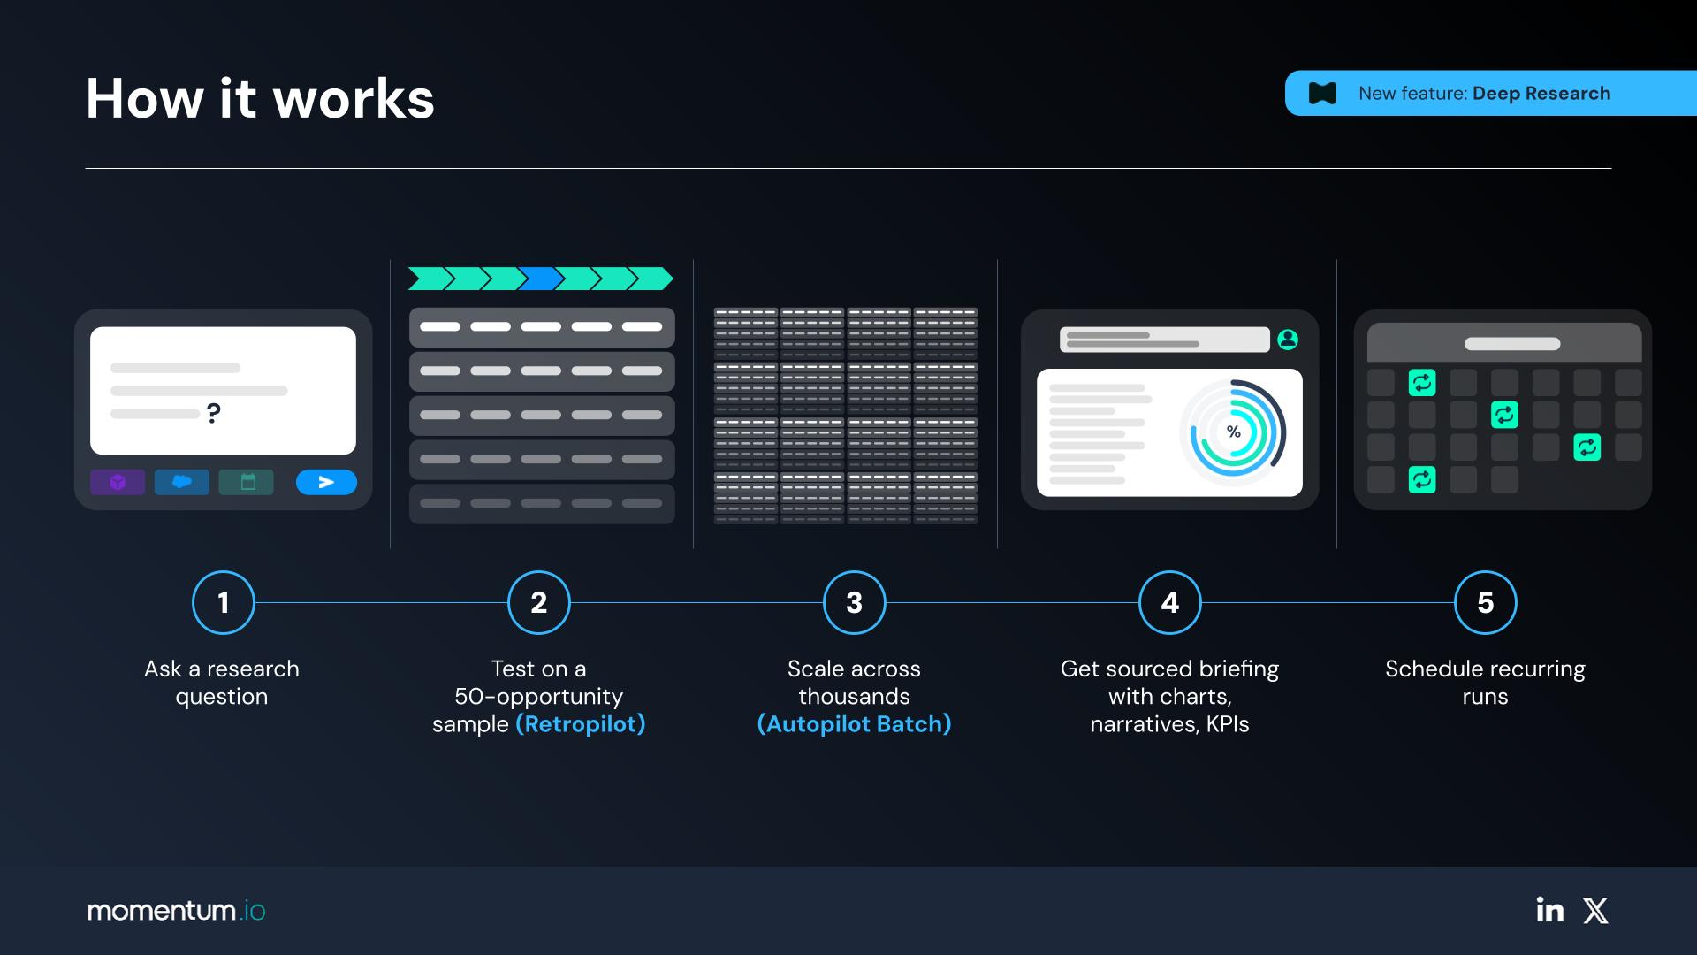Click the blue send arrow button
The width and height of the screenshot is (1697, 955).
[x=326, y=482]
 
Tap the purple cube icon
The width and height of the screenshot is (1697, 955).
[x=118, y=482]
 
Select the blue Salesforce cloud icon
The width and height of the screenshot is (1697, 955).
[x=182, y=482]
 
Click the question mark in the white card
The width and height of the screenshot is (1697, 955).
[x=213, y=413]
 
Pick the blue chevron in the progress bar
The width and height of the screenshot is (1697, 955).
[x=541, y=279]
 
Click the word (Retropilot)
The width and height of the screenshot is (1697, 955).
[x=581, y=724]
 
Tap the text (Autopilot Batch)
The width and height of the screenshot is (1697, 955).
[x=855, y=724]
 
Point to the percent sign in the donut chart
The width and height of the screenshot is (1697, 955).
[x=1234, y=432]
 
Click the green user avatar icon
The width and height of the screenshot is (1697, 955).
[x=1288, y=339]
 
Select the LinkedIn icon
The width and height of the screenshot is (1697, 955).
[x=1549, y=910]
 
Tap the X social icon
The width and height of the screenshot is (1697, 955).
[x=1595, y=911]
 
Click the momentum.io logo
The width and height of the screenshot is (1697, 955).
[x=176, y=911]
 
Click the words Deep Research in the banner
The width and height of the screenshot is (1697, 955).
[x=1541, y=93]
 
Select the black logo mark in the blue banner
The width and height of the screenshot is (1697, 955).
[x=1322, y=93]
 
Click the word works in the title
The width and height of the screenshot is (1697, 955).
[x=354, y=98]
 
